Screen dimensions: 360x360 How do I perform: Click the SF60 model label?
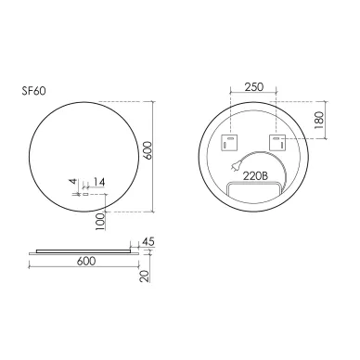[33, 91]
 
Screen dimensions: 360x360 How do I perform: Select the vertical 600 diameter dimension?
[148, 150]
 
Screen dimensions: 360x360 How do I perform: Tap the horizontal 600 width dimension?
[86, 261]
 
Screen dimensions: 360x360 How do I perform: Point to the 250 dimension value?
[254, 87]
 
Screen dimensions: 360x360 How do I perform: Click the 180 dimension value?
[319, 121]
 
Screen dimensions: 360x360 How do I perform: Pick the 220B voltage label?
[255, 176]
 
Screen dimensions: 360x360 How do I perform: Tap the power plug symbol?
[233, 167]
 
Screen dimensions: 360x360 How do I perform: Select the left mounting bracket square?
[229, 143]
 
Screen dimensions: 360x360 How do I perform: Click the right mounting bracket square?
[277, 143]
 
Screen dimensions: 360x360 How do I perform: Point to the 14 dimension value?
[99, 182]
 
